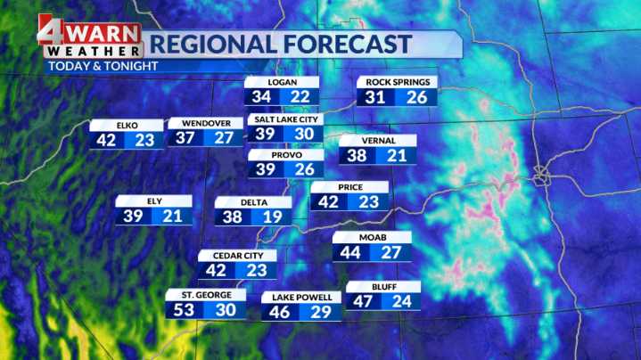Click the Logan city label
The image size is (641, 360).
(x=283, y=82)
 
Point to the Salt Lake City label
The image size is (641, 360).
(x=284, y=119)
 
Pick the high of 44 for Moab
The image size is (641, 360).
(x=352, y=253)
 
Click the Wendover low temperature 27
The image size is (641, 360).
(x=224, y=138)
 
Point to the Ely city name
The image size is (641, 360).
(x=153, y=200)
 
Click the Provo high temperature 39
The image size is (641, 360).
(x=266, y=169)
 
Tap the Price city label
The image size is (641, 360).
(x=349, y=186)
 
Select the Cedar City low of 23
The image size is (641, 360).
(x=257, y=270)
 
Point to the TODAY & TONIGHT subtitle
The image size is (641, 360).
(x=103, y=66)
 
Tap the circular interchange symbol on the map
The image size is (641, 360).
(x=542, y=176)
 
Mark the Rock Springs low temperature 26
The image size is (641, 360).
(x=417, y=97)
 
